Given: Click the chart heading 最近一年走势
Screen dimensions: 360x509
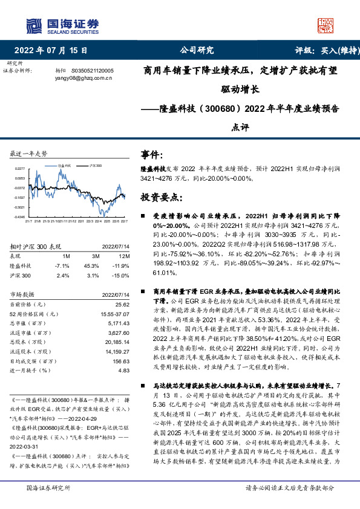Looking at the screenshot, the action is click(x=29, y=154).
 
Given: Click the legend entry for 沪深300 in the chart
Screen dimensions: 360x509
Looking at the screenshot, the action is click(x=95, y=164).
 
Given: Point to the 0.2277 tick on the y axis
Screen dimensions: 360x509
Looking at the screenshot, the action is click(x=20, y=169).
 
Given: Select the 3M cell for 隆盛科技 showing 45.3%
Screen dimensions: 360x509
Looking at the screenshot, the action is click(x=92, y=265).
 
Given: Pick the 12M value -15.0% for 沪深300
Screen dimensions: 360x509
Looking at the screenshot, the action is click(x=122, y=275).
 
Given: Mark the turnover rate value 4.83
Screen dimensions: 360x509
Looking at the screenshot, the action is click(x=125, y=371).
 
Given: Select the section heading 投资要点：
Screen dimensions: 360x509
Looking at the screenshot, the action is click(x=161, y=197).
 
